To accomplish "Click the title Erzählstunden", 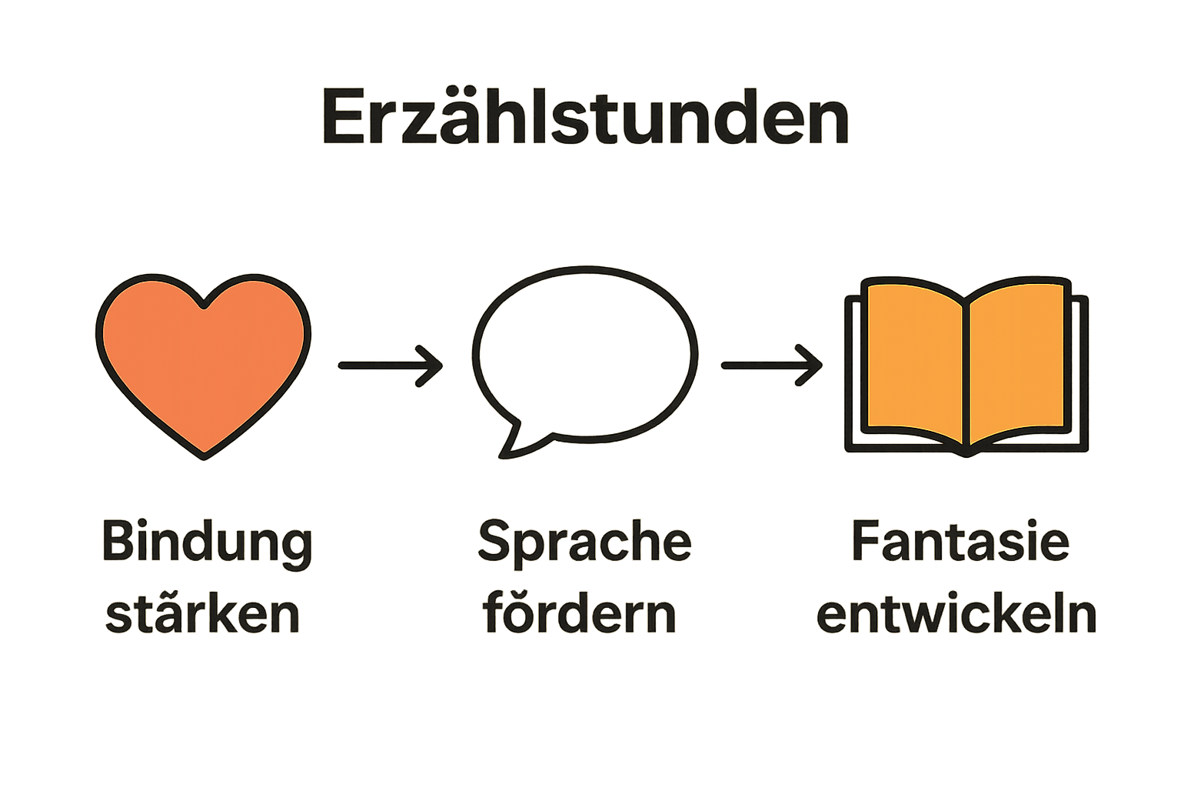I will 584,117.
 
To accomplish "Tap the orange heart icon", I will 204,362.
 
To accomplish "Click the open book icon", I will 966,366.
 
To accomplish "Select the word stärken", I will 202,613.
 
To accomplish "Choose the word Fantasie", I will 960,542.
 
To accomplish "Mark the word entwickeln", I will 956,613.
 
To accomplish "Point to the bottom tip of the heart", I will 204,454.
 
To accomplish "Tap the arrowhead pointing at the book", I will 813,366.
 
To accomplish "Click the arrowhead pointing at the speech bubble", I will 433,366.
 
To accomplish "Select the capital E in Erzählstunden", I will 342,119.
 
